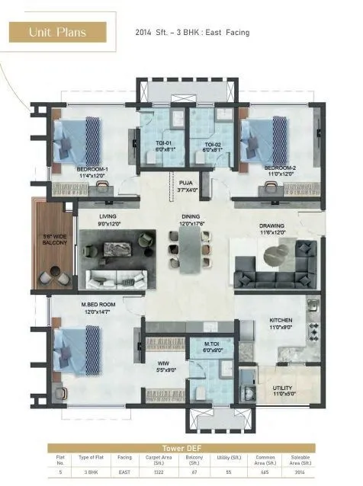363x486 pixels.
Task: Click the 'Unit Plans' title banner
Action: pyautogui.click(x=58, y=32)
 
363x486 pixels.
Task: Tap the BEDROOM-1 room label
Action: pyautogui.click(x=92, y=171)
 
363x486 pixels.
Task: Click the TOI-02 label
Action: pyautogui.click(x=212, y=146)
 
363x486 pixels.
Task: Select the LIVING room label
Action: pyautogui.click(x=108, y=219)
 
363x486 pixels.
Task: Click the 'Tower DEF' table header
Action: pyautogui.click(x=181, y=449)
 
